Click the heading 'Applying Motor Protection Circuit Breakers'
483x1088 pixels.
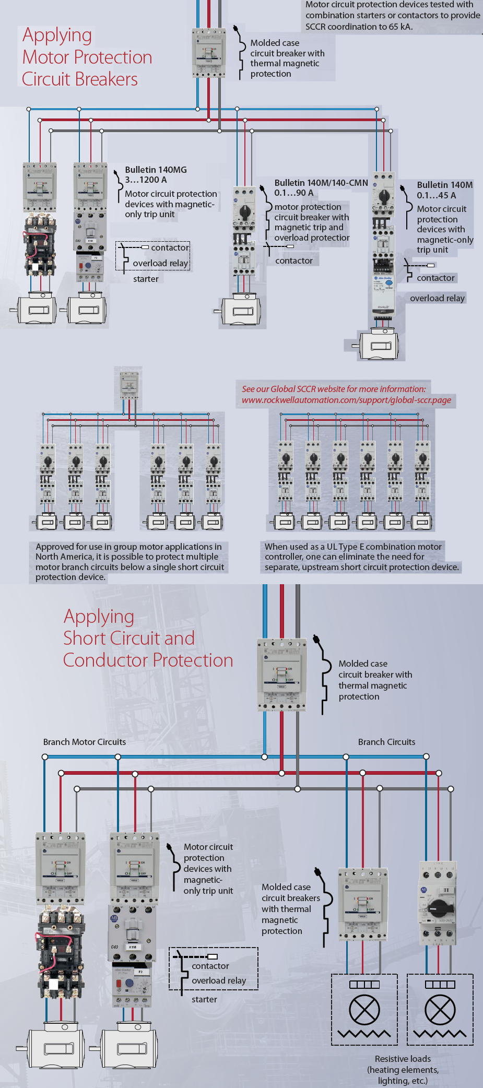coord(87,57)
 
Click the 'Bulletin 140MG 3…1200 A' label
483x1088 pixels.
coord(155,175)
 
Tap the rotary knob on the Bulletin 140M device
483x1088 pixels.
coord(384,197)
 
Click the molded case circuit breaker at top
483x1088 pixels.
coord(209,53)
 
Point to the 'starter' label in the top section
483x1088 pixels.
coord(146,279)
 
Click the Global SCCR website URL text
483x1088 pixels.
coord(346,400)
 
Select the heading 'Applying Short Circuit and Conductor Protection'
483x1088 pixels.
coord(148,638)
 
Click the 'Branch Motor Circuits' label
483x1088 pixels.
coord(84,742)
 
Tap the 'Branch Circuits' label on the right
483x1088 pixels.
coord(386,742)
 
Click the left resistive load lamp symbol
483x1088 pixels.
coord(364,1009)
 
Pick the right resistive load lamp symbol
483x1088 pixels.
coord(440,1009)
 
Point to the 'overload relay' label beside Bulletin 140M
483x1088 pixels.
coord(437,298)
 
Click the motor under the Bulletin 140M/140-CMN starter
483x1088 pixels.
coord(242,311)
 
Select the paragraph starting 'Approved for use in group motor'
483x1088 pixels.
coord(129,562)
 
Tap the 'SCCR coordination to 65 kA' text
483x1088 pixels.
coord(359,27)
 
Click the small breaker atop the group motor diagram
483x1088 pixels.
coord(129,385)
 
